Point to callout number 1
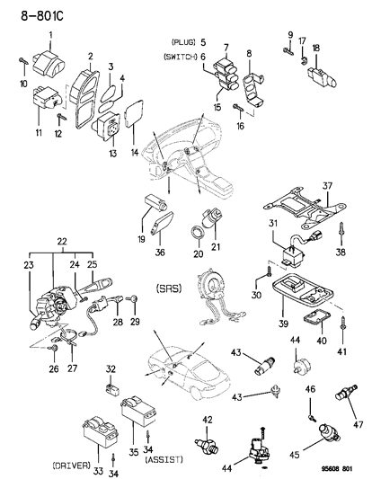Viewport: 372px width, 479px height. point(50,33)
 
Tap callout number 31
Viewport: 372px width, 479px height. point(275,223)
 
